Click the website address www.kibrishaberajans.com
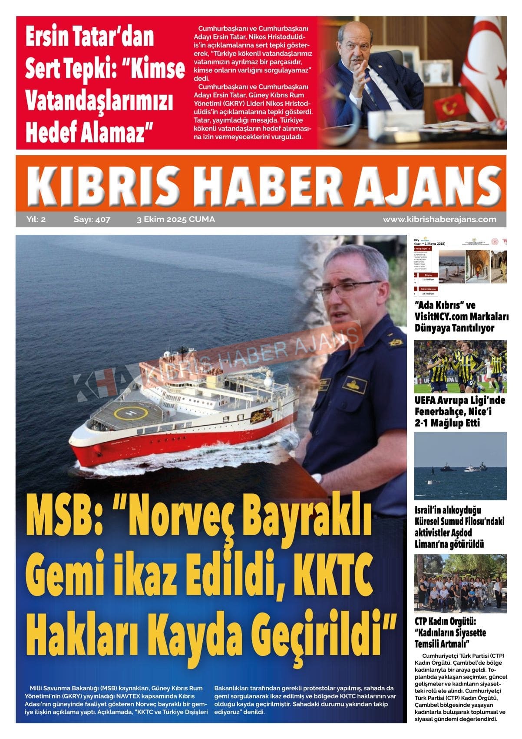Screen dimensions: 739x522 coord(439,220)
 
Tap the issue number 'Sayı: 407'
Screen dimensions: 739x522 coord(92,220)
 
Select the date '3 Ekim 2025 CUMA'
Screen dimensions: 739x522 coord(175,220)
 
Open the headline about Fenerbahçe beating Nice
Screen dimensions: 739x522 coord(459,411)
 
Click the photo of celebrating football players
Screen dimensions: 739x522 coord(459,366)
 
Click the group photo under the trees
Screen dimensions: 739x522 coord(459,583)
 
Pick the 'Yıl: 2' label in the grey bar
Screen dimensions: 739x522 coord(36,220)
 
